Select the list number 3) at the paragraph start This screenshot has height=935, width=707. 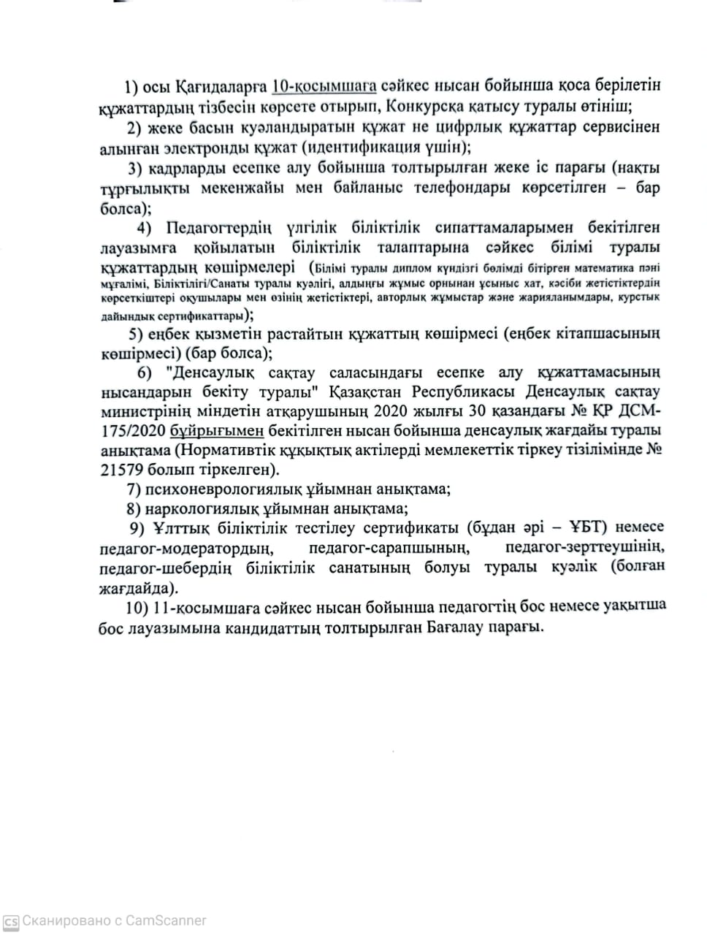(135, 169)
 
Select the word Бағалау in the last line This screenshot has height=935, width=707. (457, 627)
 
